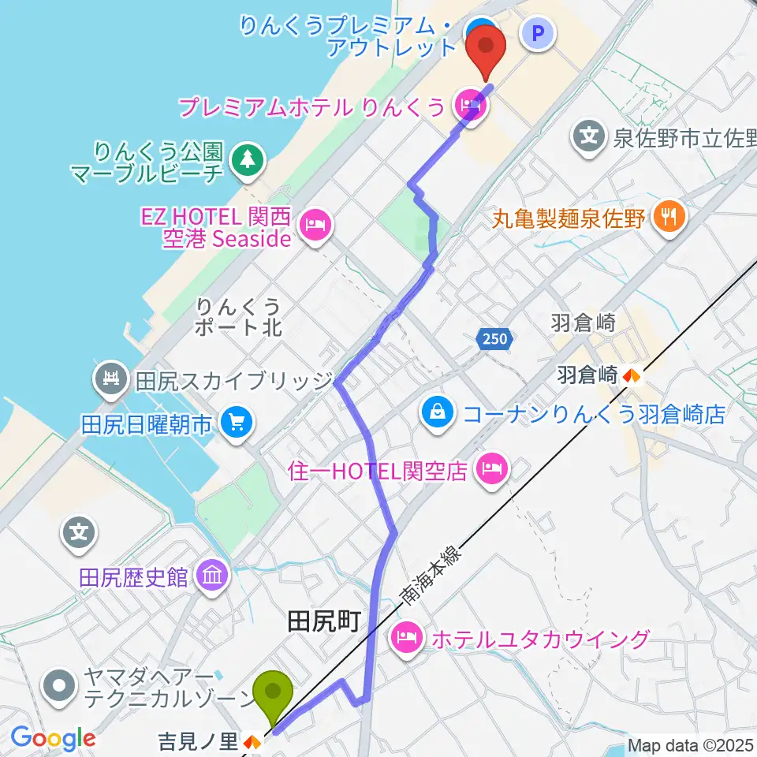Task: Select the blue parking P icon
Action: [539, 33]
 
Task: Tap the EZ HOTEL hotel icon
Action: [316, 226]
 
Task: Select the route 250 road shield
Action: [495, 339]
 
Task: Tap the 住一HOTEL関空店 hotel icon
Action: [493, 471]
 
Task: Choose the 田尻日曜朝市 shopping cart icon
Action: [236, 423]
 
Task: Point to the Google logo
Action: [53, 739]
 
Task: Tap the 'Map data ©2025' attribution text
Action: [689, 744]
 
